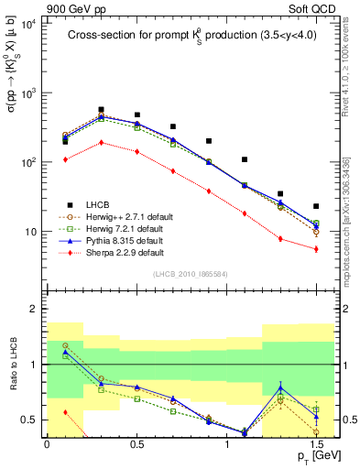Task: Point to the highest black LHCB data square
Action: coord(101,109)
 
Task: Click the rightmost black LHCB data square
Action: coord(316,206)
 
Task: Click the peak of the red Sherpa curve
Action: coord(101,142)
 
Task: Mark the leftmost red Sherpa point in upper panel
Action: coord(65,159)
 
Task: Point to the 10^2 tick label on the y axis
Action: coord(27,162)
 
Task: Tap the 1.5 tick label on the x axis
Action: coord(316,443)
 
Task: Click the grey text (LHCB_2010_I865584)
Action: coord(190,275)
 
